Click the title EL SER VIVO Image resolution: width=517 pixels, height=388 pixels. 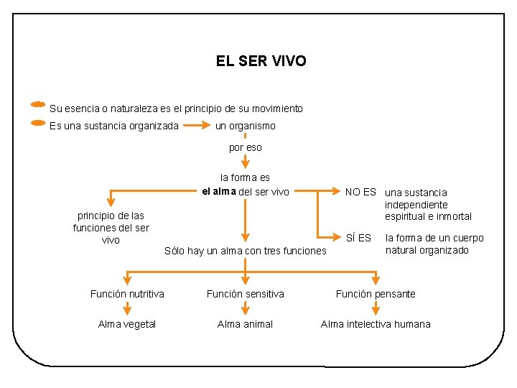[x=261, y=61]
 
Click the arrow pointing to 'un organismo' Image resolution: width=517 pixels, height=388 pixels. [x=197, y=126]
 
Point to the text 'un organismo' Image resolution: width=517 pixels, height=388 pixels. [x=246, y=126]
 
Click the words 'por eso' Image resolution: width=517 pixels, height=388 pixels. [x=246, y=147]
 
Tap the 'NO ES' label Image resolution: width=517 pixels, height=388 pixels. [x=360, y=192]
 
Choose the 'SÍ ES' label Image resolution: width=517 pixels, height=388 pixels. [x=359, y=238]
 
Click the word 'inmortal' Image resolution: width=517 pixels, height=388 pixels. [x=453, y=216]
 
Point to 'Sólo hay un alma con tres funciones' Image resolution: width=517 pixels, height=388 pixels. [x=245, y=251]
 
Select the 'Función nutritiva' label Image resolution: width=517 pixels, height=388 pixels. [x=127, y=293]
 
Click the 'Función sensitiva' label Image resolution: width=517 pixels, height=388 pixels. [x=246, y=293]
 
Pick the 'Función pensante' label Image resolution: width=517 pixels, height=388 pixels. [x=376, y=293]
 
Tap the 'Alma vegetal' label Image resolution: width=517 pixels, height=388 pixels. [x=127, y=324]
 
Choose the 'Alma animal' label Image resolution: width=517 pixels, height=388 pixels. [x=246, y=324]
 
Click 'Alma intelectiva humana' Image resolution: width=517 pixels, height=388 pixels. [x=376, y=324]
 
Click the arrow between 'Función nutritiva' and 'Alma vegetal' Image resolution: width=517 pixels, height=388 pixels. [x=127, y=308]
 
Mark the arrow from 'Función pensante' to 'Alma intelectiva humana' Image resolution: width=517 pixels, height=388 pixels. [x=376, y=308]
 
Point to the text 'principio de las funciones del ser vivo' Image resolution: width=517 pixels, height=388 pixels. [x=111, y=227]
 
